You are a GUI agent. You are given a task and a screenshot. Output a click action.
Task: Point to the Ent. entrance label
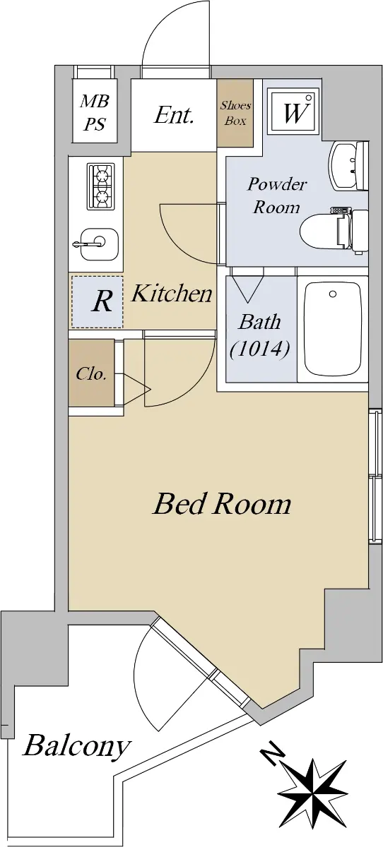[174, 115]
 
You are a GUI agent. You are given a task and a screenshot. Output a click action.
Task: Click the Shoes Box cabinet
[235, 113]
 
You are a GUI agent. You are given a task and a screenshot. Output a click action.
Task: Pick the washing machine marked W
[294, 112]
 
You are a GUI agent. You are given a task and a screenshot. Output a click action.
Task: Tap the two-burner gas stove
[101, 187]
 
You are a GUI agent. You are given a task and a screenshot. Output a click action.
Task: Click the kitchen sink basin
[96, 244]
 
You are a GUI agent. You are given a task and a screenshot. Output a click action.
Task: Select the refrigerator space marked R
[98, 302]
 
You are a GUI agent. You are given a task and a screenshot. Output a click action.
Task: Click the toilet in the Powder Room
[334, 231]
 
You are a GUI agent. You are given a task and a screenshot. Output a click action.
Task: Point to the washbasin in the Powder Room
[348, 166]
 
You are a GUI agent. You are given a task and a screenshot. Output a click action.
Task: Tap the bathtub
[333, 329]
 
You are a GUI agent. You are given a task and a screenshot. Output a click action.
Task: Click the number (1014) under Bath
[259, 349]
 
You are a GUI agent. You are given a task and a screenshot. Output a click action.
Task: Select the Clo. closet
[91, 373]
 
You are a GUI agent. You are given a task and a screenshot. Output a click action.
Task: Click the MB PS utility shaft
[94, 112]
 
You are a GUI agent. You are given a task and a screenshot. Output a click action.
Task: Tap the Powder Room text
[277, 196]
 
